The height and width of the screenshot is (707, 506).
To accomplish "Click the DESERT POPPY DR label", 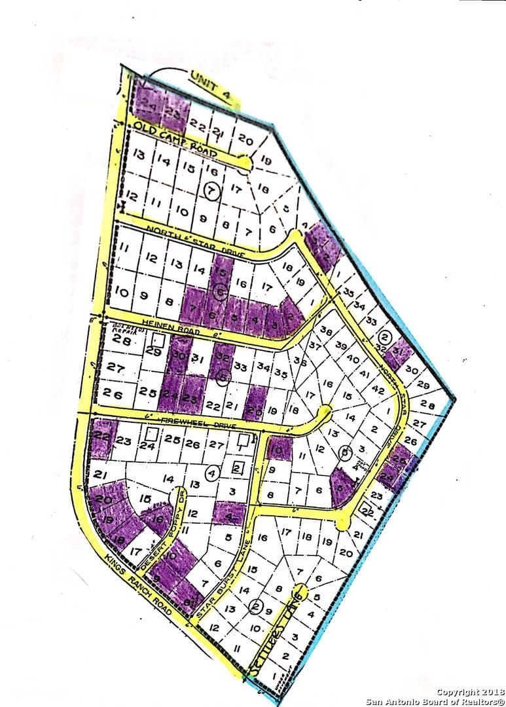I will pos(170,522).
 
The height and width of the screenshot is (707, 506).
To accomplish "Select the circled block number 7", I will pos(210,190).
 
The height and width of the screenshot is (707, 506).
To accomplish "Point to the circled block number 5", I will pos(223,376).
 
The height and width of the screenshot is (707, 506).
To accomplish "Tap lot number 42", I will pos(377,389).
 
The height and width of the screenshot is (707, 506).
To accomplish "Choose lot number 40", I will pos(352,358).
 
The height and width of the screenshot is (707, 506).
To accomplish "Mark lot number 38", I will pos(325,331).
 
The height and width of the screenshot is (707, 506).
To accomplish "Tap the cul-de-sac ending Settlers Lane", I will pos(300,588).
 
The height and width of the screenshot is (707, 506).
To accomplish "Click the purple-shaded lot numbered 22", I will pos(101,435).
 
